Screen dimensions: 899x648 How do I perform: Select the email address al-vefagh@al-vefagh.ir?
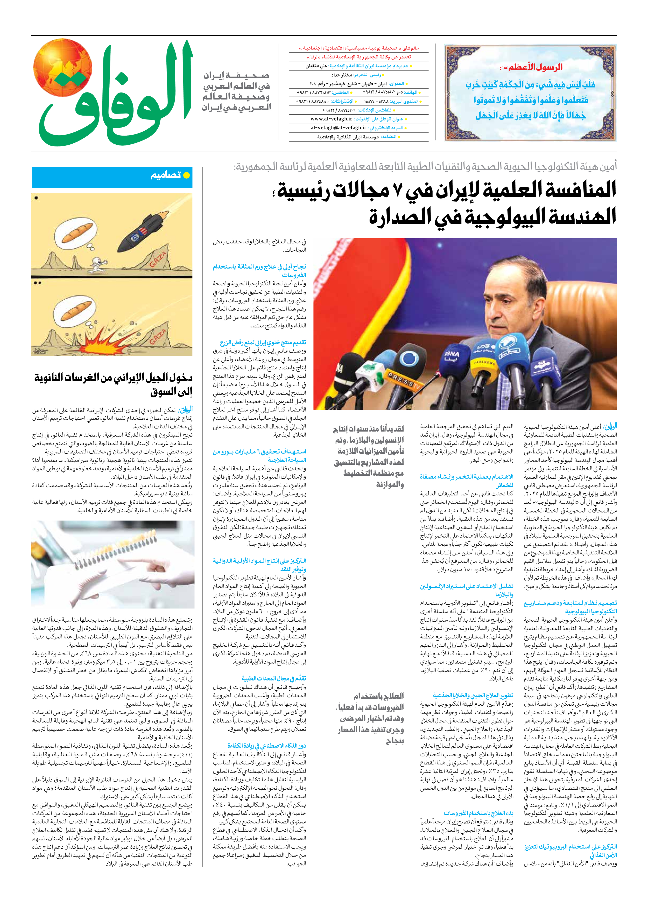coord(339,128)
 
